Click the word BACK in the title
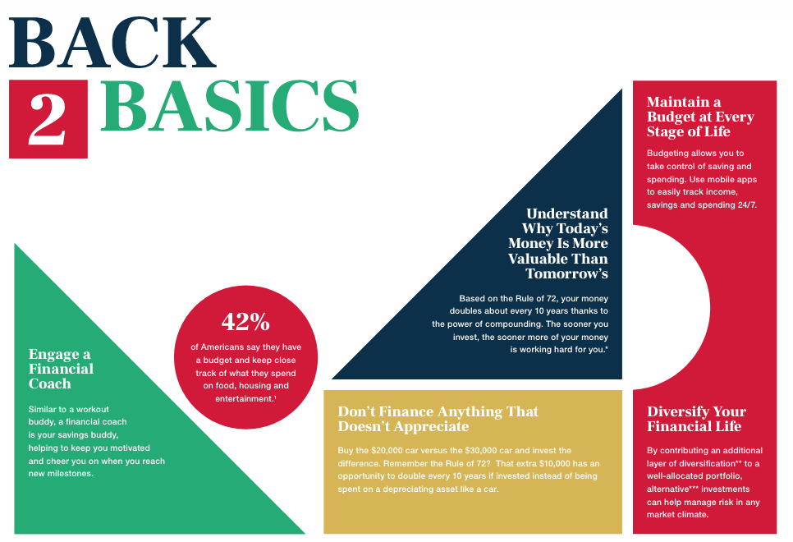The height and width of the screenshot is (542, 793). click(112, 43)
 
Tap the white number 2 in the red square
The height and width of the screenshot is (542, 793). click(47, 119)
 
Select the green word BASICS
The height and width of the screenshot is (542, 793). click(230, 106)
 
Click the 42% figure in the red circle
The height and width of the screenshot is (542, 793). click(245, 322)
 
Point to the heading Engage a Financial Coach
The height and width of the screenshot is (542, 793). click(61, 369)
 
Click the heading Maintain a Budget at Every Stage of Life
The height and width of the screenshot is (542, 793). click(700, 117)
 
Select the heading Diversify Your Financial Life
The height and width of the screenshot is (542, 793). click(696, 419)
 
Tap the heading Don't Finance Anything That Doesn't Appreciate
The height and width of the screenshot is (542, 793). click(438, 419)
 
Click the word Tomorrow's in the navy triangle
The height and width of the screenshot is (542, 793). click(567, 273)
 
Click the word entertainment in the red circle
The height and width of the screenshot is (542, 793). click(244, 399)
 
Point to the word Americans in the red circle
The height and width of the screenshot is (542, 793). click(222, 347)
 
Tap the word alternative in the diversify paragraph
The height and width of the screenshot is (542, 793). click(667, 489)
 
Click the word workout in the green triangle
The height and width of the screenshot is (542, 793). click(93, 410)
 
